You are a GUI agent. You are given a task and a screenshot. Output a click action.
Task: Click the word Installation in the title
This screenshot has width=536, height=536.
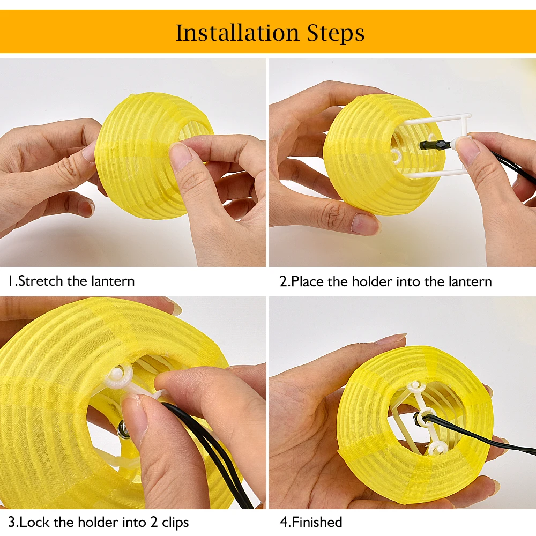237,33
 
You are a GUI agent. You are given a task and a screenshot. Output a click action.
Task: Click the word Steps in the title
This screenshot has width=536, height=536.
336,33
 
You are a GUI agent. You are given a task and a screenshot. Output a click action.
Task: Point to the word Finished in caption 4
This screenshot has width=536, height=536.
317,522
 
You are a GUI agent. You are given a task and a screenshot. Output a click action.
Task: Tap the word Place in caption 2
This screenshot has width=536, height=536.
307,282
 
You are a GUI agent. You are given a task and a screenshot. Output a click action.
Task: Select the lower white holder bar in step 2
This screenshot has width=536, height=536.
434,174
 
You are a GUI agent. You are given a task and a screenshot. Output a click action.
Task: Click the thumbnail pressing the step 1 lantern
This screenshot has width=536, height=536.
180,157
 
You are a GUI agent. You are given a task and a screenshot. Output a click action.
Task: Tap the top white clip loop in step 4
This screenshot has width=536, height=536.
415,386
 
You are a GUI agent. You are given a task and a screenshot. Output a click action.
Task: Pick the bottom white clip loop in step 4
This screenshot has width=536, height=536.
436,447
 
